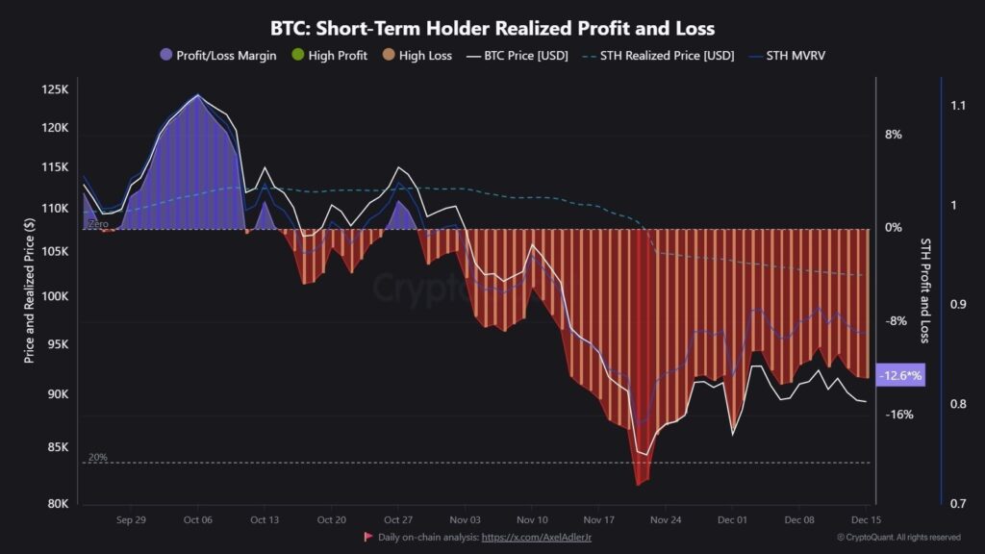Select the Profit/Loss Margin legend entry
tap(226, 56)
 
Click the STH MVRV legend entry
tap(794, 56)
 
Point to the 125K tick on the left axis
tap(54, 89)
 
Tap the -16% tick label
tap(898, 415)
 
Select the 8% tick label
tap(894, 136)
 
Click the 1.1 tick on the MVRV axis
tap(957, 105)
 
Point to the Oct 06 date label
tap(197, 519)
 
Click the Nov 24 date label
tap(666, 519)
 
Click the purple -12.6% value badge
tap(899, 376)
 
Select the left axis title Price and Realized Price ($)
tap(30, 289)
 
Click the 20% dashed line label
tap(97, 458)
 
